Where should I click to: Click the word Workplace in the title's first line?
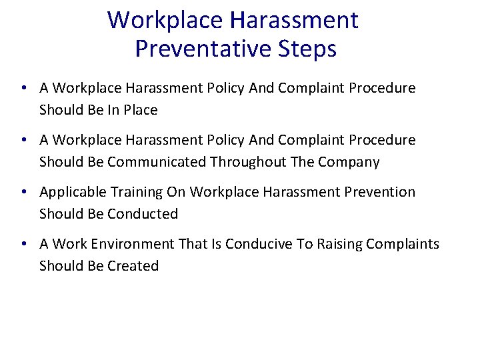tap(165, 20)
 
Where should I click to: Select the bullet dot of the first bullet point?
tap(23, 88)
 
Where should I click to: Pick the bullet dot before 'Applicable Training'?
tap(23, 192)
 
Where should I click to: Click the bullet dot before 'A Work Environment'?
tap(23, 244)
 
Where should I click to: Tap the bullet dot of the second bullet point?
tap(23, 140)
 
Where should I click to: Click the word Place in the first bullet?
tap(139, 110)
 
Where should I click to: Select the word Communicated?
tap(157, 162)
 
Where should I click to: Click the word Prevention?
tap(379, 192)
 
